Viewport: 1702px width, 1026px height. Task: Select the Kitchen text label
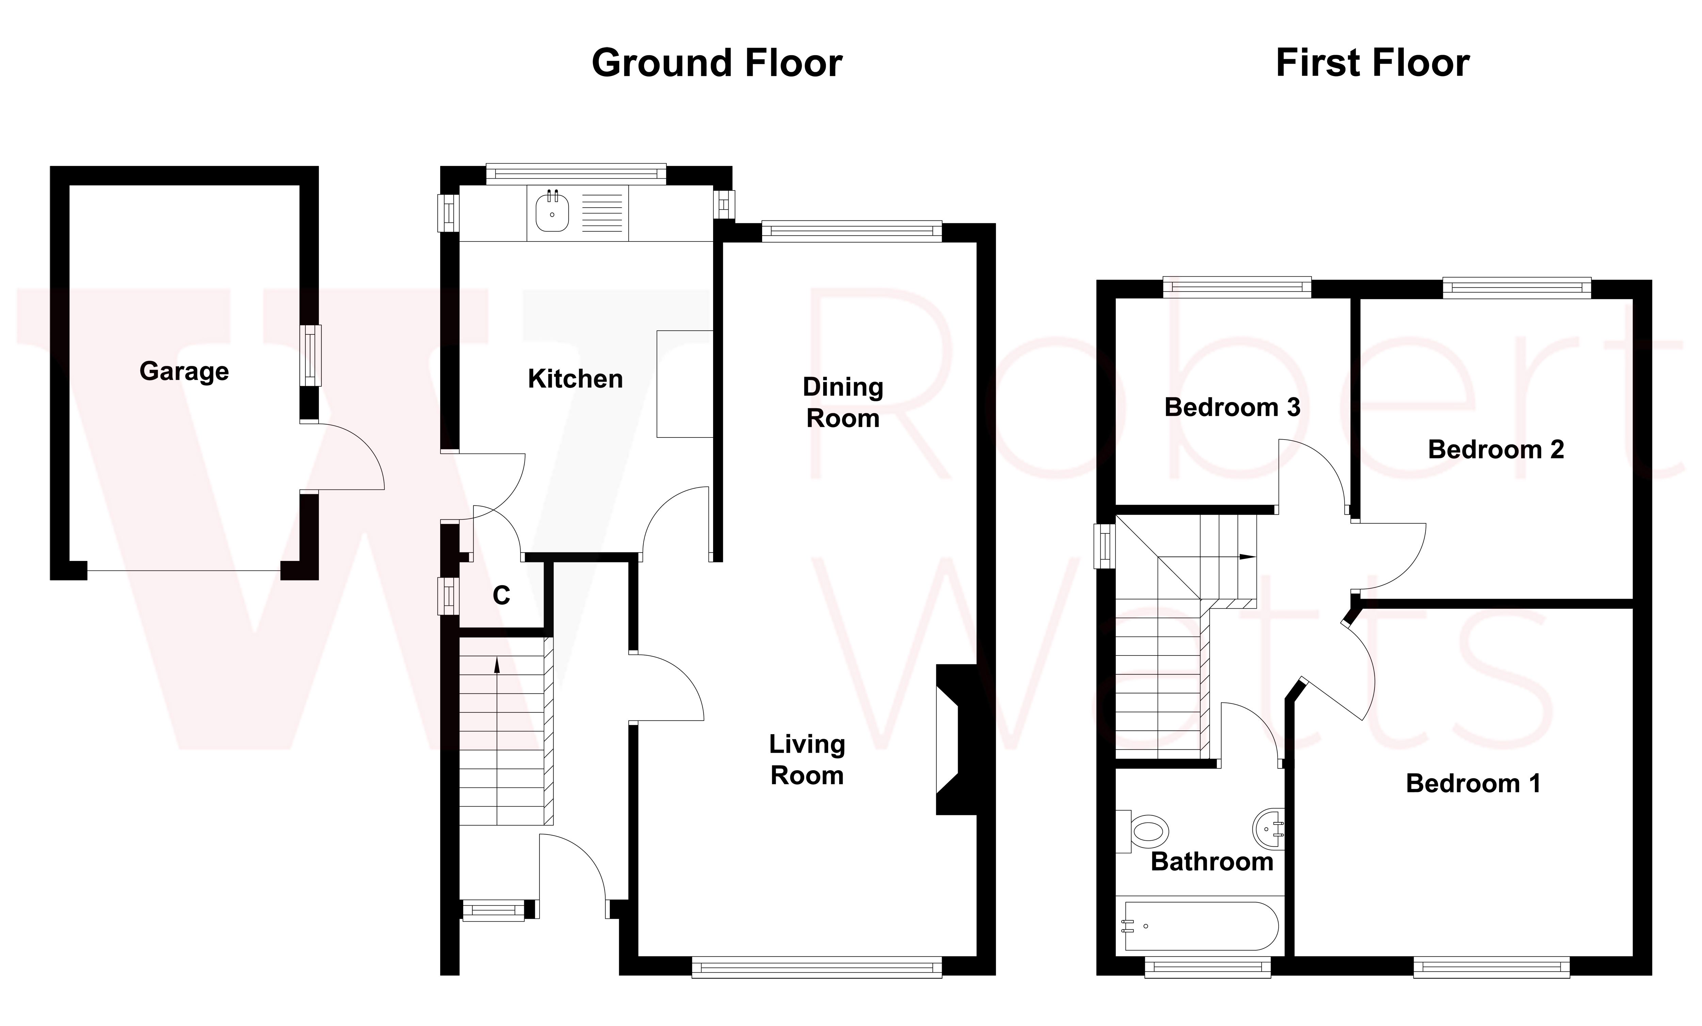575,379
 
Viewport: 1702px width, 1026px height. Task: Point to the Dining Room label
843,402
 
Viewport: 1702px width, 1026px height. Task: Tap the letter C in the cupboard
501,595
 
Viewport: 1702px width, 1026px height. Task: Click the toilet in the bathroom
1143,831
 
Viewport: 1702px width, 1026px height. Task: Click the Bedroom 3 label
1232,407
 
